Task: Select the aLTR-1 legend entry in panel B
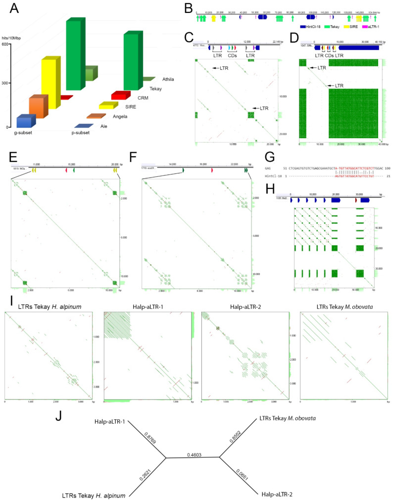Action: [x=374, y=24]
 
